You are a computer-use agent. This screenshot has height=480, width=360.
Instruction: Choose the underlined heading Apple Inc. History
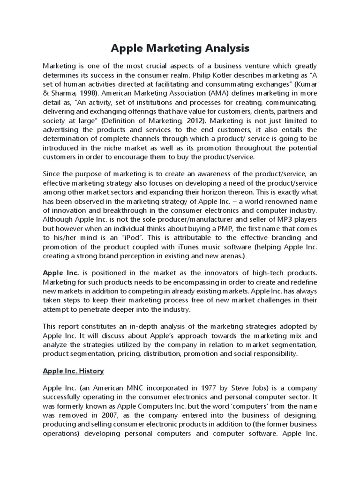73,371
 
